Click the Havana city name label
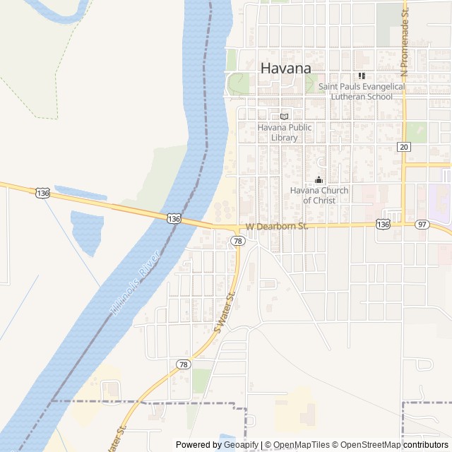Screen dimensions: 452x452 point(286,69)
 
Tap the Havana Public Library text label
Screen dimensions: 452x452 point(285,132)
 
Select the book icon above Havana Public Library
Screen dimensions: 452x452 point(285,117)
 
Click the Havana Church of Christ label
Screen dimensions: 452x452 point(319,195)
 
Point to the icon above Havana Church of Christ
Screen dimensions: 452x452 point(319,180)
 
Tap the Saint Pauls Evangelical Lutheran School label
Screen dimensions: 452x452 point(362,91)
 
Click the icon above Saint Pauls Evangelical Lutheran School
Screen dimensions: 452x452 point(362,76)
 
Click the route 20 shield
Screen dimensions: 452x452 point(403,147)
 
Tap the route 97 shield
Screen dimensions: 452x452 point(422,224)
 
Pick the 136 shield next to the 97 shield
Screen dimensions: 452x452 point(383,224)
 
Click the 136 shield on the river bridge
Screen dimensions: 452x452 point(174,219)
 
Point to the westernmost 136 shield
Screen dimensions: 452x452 point(43,193)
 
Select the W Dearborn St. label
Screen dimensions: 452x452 point(277,227)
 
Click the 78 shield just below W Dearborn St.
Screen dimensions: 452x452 point(238,241)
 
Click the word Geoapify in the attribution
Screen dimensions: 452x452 point(240,445)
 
